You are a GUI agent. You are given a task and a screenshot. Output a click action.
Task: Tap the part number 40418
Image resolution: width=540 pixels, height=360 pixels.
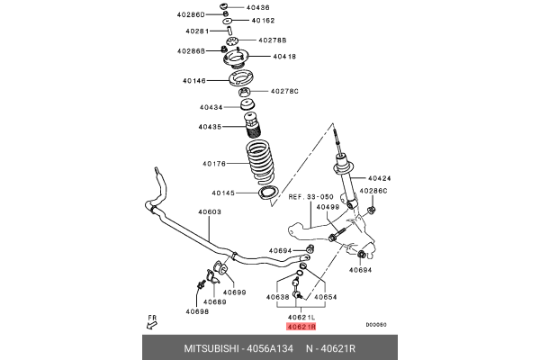(x=259, y=56)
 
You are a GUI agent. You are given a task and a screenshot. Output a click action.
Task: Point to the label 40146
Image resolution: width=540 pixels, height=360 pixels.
(x=194, y=80)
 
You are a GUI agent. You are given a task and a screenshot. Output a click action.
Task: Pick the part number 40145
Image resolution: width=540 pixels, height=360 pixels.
(x=224, y=193)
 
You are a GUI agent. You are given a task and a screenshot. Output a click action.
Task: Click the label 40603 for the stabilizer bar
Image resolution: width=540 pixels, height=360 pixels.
(x=210, y=212)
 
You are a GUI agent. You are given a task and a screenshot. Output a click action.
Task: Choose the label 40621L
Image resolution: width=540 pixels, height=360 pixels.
(x=301, y=318)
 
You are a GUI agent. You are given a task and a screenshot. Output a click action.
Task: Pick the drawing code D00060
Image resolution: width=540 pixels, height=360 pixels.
(x=376, y=325)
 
